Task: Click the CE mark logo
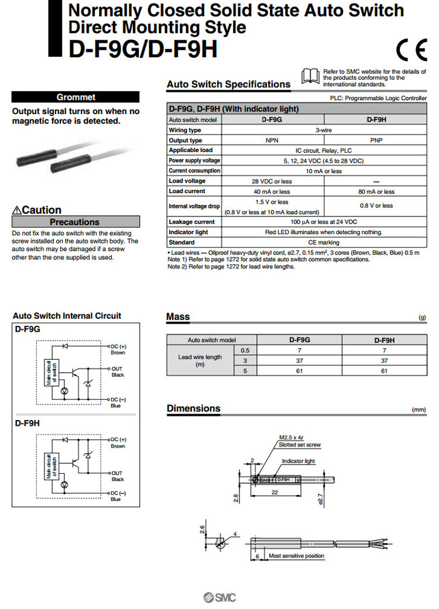pos(411,50)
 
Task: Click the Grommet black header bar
pos(76,97)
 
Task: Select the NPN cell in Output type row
pos(271,140)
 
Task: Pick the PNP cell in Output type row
pos(376,140)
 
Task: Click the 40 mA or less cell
pos(271,191)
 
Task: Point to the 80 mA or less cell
pos(376,191)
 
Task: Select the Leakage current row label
pos(191,222)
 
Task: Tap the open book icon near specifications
pos(310,76)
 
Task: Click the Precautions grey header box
pos(76,222)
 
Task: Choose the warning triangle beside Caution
pos(17,210)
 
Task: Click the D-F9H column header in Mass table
pos(384,339)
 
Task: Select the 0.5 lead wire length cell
pos(245,350)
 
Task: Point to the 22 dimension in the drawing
pos(275,493)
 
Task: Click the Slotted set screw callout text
pos(300,445)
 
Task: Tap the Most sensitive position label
pos(296,556)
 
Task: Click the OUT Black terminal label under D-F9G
pos(118,371)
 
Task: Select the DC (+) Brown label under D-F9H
pos(118,442)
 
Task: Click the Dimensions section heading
pos(193,408)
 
